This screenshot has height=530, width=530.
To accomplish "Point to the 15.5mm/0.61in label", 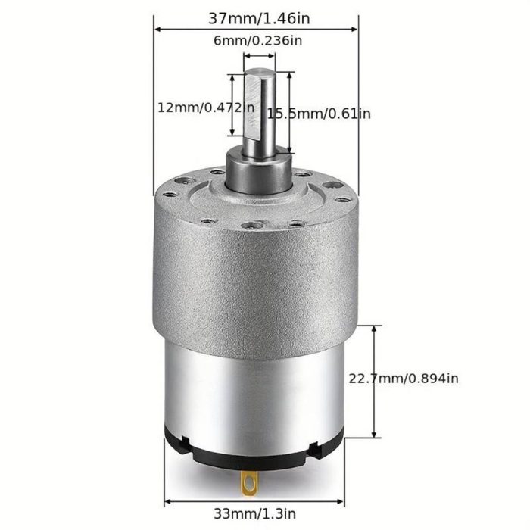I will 319,114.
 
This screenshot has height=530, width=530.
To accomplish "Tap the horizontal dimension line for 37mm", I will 256,29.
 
